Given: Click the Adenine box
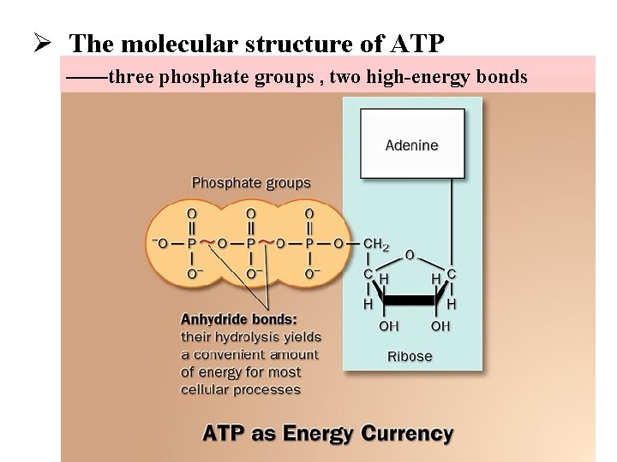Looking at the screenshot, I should click(411, 145).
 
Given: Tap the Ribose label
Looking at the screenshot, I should click(410, 356).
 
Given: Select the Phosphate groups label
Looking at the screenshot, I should click(251, 182).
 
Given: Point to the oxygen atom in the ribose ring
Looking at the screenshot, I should click(410, 255).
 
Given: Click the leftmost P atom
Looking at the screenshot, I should click(190, 244).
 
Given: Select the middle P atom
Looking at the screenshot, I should click(250, 244).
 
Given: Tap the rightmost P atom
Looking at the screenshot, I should click(309, 244).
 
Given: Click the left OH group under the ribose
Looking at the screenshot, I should click(388, 326).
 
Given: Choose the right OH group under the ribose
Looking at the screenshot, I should click(440, 326).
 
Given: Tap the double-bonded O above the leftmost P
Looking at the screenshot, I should click(190, 212).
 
